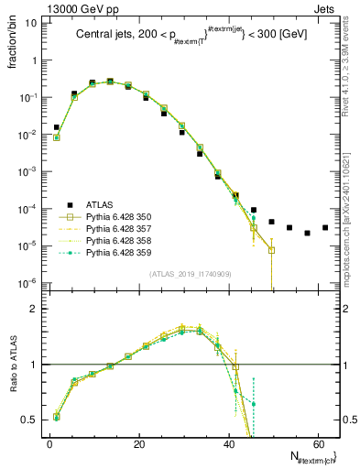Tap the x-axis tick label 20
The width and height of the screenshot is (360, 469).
(x=138, y=442)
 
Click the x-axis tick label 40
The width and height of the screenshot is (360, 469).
(x=228, y=442)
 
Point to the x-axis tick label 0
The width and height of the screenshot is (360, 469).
(x=49, y=442)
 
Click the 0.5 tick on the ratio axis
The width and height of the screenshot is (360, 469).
(x=29, y=420)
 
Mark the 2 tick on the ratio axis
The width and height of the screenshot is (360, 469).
(x=34, y=309)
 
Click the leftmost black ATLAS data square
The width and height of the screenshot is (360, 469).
(x=57, y=127)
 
